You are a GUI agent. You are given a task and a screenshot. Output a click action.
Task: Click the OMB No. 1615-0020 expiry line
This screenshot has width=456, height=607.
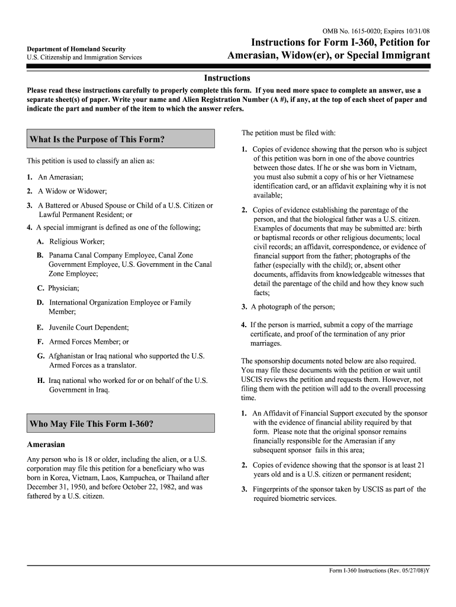(x=375, y=30)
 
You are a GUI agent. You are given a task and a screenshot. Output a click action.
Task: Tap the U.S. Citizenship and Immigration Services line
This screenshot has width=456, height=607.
(x=84, y=57)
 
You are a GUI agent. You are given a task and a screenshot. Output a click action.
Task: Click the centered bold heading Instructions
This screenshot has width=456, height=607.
(x=227, y=78)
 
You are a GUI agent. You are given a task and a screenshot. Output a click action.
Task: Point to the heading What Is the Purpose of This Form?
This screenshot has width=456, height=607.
(x=97, y=140)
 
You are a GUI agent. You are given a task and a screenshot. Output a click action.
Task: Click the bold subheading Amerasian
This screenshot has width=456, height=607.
(x=46, y=444)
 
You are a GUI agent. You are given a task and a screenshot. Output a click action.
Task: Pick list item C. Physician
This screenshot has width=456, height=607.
(x=58, y=288)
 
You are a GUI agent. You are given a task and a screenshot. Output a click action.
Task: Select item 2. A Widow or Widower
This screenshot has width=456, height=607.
(x=67, y=191)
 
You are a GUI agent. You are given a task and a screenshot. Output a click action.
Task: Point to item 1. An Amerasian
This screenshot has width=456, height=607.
(x=55, y=177)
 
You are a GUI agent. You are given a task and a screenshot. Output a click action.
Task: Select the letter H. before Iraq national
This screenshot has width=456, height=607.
(x=41, y=381)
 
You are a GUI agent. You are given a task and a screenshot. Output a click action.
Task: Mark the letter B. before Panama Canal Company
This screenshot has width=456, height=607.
(x=40, y=255)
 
